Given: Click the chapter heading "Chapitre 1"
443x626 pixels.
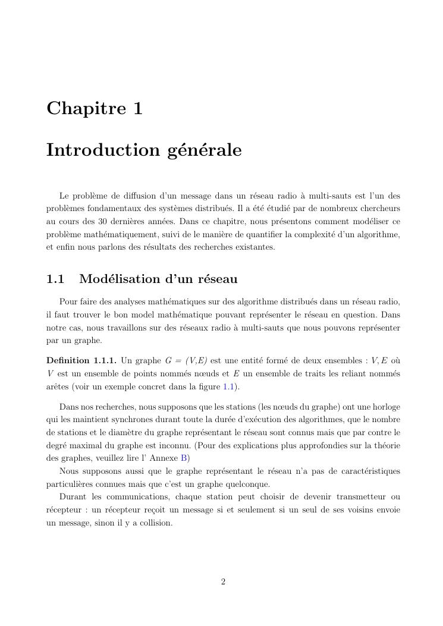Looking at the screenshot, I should (95, 109).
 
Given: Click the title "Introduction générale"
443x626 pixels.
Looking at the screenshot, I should (144, 150).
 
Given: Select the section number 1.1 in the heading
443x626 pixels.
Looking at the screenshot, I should (55, 279).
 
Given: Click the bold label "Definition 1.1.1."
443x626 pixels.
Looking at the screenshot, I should (81, 360).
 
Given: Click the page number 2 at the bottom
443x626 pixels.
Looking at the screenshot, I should (223, 582).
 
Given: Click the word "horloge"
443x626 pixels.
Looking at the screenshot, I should (385, 407).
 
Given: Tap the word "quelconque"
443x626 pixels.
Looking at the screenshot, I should (249, 484).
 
